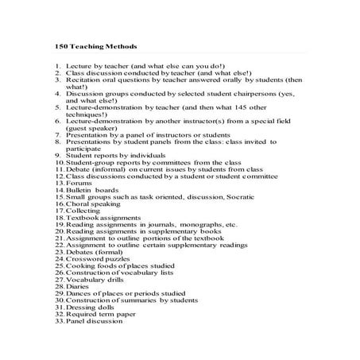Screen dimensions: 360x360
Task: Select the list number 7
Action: click(x=58, y=135)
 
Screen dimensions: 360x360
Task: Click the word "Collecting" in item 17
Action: click(x=83, y=210)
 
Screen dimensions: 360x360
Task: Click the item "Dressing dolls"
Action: click(x=90, y=307)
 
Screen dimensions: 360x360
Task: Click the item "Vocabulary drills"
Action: click(x=94, y=279)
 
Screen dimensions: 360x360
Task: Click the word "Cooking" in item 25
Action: click(x=82, y=265)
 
